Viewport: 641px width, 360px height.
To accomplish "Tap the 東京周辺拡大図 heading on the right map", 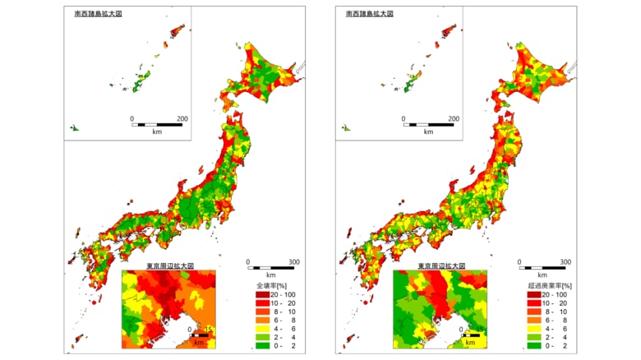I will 441,266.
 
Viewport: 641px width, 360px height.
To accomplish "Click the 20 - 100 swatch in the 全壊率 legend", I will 253,293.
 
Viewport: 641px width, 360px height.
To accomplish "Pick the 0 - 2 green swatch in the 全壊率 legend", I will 253,347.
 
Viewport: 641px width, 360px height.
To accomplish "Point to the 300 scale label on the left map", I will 294,263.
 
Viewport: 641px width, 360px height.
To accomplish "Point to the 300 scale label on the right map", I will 566,263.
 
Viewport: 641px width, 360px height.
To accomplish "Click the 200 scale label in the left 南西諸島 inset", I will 182,119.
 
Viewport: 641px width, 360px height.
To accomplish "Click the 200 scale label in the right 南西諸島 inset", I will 454,119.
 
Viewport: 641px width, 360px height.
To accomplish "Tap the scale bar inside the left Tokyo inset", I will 198,336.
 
